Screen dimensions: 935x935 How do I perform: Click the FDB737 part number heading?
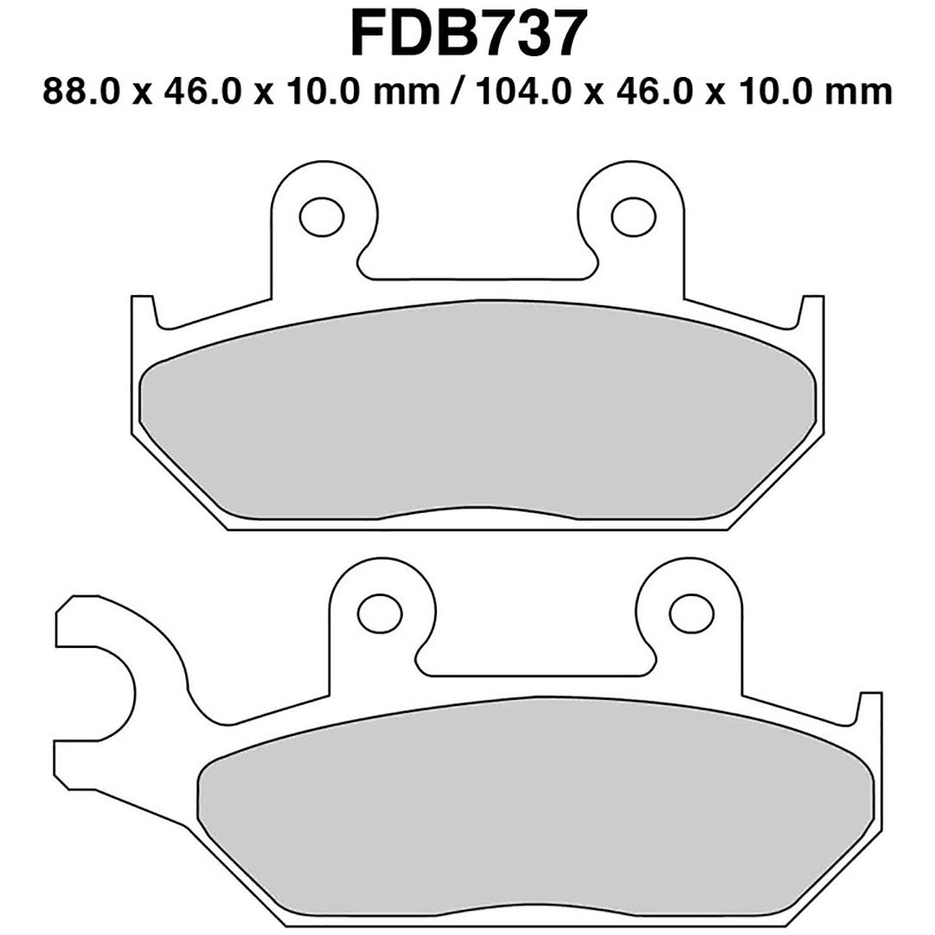465,34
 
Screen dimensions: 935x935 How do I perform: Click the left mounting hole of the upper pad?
322,216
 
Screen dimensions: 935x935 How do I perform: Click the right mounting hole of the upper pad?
634,216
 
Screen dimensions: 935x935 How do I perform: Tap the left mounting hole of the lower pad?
379,613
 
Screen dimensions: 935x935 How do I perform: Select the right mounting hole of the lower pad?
692,613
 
